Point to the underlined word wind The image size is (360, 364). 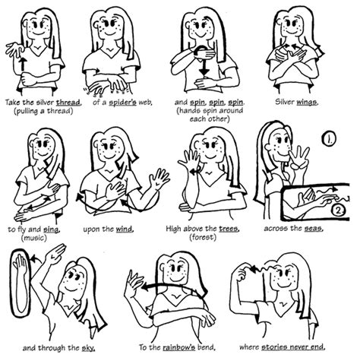point(134,227)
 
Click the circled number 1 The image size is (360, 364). point(329,140)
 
